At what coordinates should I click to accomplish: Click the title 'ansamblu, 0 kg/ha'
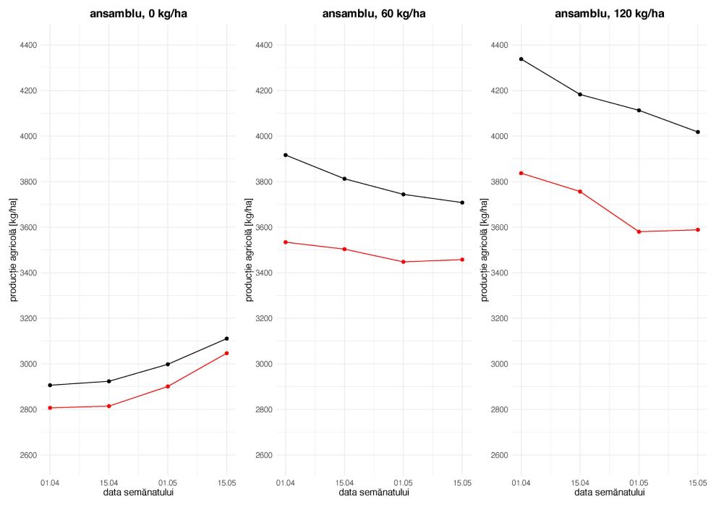click(138, 13)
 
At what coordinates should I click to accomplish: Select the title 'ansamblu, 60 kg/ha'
click(373, 13)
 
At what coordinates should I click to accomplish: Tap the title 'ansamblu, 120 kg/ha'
click(609, 13)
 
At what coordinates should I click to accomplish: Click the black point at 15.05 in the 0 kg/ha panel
click(226, 338)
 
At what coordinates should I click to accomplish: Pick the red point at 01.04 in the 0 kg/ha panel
click(50, 408)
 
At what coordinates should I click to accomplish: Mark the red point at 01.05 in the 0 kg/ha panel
click(168, 386)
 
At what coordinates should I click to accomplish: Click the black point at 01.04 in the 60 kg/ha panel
click(286, 155)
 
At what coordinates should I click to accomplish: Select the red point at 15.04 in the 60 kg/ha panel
click(344, 249)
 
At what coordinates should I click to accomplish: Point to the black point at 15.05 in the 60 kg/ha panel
click(461, 203)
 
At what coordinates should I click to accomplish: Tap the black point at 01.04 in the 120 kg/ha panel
click(521, 59)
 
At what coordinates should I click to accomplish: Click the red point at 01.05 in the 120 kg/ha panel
click(639, 231)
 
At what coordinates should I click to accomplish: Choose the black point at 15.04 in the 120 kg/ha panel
click(580, 95)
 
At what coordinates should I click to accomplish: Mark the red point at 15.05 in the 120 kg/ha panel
click(697, 230)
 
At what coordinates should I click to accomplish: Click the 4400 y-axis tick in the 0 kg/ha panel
click(28, 45)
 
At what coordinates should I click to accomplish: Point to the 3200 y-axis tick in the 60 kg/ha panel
click(263, 318)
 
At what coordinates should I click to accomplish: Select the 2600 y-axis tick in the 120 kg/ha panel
click(499, 455)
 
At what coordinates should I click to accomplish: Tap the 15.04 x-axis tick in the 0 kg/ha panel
click(108, 482)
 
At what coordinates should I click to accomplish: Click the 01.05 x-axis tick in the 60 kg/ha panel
click(403, 482)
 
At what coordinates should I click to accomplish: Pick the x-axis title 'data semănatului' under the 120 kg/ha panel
click(609, 493)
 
